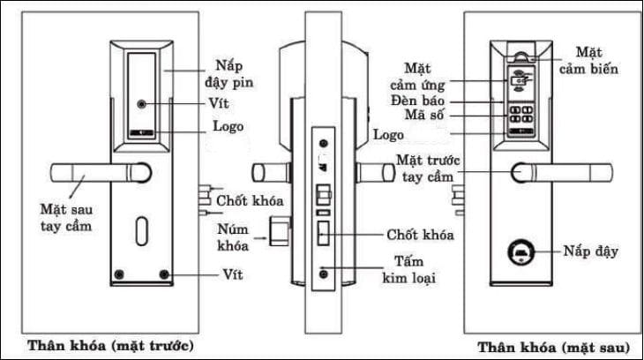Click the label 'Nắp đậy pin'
click(x=231, y=75)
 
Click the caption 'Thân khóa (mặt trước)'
click(x=110, y=343)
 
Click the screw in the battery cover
click(x=142, y=104)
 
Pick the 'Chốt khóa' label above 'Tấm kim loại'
click(x=420, y=236)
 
